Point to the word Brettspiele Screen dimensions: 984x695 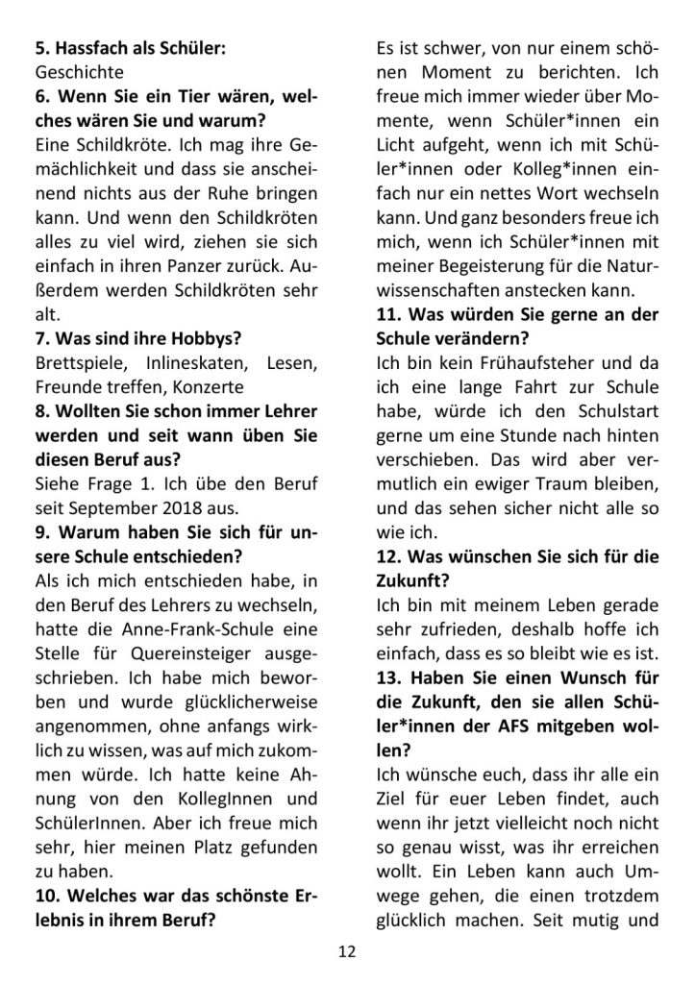click(78, 361)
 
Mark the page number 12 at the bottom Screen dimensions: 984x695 click(347, 951)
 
